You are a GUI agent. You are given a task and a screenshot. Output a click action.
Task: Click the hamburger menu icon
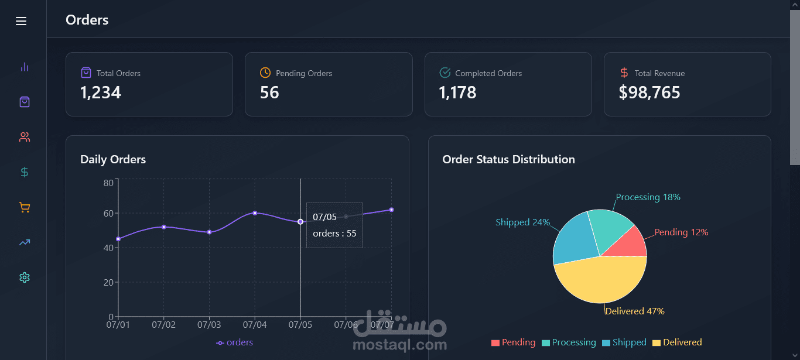click(x=21, y=21)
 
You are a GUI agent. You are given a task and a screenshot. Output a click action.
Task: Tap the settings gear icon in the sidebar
click(x=24, y=277)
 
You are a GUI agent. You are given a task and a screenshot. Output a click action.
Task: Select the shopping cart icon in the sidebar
click(x=24, y=207)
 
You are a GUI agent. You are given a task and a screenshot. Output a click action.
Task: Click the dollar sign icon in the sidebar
click(x=24, y=172)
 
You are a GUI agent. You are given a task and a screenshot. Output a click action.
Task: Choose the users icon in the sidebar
click(x=24, y=137)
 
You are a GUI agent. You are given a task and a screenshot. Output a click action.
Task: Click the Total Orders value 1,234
click(x=101, y=92)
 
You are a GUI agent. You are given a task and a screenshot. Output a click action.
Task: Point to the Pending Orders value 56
click(x=269, y=92)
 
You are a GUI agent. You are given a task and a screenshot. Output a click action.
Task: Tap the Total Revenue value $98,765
click(x=649, y=92)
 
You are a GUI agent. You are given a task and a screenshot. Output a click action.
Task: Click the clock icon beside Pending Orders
click(x=265, y=73)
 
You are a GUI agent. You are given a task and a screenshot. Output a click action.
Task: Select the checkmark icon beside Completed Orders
click(x=445, y=73)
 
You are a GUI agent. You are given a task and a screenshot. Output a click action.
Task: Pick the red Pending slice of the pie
click(x=629, y=244)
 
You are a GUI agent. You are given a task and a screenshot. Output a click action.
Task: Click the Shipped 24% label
click(x=522, y=222)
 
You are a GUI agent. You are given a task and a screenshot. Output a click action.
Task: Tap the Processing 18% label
click(x=648, y=197)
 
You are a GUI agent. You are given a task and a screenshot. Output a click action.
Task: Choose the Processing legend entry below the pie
click(x=569, y=342)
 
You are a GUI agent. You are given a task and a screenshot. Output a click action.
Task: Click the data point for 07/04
click(x=255, y=213)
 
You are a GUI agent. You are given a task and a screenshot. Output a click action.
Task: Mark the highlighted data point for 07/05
click(x=300, y=222)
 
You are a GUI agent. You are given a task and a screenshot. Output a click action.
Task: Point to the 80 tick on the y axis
click(x=108, y=183)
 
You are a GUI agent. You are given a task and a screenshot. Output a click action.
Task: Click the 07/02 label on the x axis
click(x=163, y=324)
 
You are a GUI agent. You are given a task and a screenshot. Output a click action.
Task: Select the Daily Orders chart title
click(x=113, y=159)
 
